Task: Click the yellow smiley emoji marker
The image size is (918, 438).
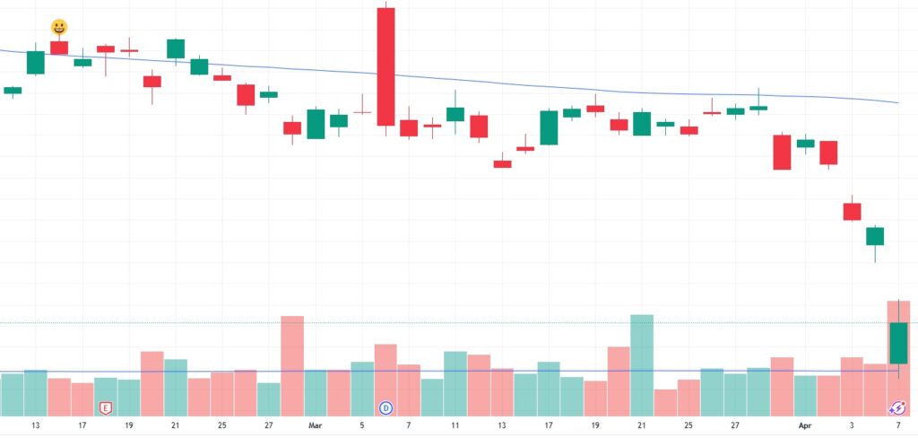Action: click(59, 27)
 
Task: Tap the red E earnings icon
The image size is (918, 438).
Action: click(105, 408)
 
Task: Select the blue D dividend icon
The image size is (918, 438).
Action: click(386, 408)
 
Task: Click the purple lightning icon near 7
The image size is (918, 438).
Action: click(897, 408)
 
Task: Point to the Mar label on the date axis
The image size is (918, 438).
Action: click(316, 425)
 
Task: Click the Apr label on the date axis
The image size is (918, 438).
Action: click(805, 425)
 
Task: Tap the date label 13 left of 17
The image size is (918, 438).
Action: click(36, 425)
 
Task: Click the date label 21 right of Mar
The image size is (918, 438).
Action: click(642, 425)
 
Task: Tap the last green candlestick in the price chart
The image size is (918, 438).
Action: click(875, 236)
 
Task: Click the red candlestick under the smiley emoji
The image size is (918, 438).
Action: click(59, 48)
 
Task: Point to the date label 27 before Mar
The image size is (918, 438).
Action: click(269, 425)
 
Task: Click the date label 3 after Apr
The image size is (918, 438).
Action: click(852, 425)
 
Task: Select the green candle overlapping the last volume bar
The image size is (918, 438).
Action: click(898, 343)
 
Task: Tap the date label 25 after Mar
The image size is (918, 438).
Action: click(688, 425)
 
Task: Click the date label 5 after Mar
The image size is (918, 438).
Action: click(362, 425)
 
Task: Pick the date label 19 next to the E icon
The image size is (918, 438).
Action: click(129, 425)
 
